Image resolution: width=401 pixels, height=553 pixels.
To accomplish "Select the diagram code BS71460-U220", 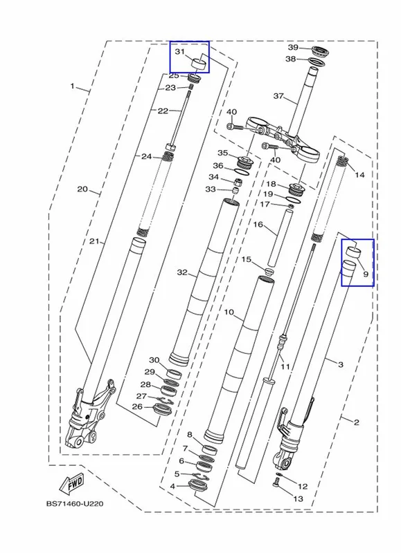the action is click(75, 504).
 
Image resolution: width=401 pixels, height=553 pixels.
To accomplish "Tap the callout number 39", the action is click(293, 47).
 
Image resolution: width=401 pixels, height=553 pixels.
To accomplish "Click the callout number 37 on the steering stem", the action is click(278, 95).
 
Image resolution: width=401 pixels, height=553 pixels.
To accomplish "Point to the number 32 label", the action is click(182, 272).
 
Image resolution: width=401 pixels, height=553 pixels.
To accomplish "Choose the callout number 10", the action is click(229, 312).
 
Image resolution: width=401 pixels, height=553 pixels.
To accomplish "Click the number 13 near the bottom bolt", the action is click(298, 498).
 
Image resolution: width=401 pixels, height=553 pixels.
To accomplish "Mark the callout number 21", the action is click(93, 241).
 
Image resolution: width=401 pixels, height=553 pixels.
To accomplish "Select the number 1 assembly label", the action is click(72, 86).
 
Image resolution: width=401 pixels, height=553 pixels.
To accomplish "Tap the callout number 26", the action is click(137, 406).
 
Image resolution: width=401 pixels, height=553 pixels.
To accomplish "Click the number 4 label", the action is click(172, 487).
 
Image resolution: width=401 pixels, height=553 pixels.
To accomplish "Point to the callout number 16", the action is click(258, 224).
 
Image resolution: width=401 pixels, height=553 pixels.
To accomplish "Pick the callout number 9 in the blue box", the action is click(365, 274).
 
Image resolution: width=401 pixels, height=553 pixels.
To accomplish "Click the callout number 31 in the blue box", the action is click(180, 52).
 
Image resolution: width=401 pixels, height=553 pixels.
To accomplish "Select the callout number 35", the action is click(222, 153).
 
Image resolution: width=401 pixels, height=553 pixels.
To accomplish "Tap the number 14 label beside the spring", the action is click(359, 175).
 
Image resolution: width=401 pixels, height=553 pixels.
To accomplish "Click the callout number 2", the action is click(356, 422).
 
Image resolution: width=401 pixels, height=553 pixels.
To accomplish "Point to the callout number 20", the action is click(82, 189).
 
